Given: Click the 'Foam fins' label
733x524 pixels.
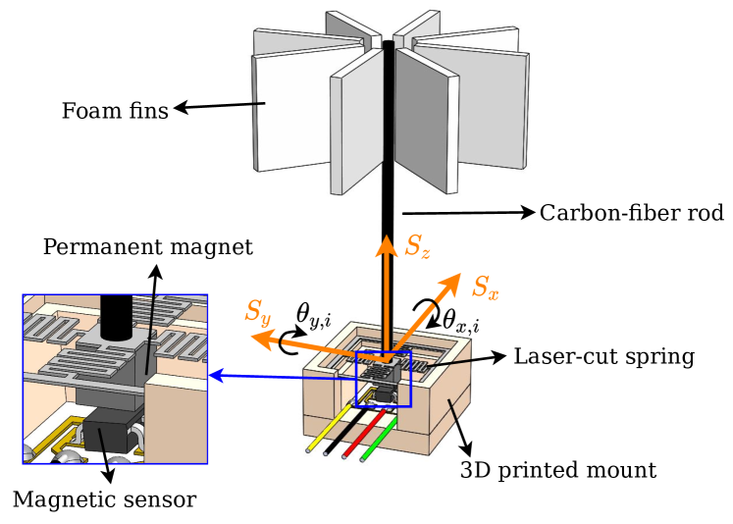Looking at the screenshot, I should point(115,110).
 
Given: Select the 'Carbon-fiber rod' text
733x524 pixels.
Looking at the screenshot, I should point(631,213).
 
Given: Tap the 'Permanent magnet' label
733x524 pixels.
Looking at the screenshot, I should point(147,246).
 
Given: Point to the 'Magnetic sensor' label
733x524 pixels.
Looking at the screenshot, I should point(104,499).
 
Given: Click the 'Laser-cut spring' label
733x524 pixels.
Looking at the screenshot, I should point(603,356).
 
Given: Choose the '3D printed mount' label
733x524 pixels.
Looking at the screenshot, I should point(557,471).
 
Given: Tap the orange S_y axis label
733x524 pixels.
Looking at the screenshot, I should point(257,313).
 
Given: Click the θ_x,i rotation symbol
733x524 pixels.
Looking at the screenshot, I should point(460,320).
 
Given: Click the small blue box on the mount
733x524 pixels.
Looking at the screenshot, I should point(383,378).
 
